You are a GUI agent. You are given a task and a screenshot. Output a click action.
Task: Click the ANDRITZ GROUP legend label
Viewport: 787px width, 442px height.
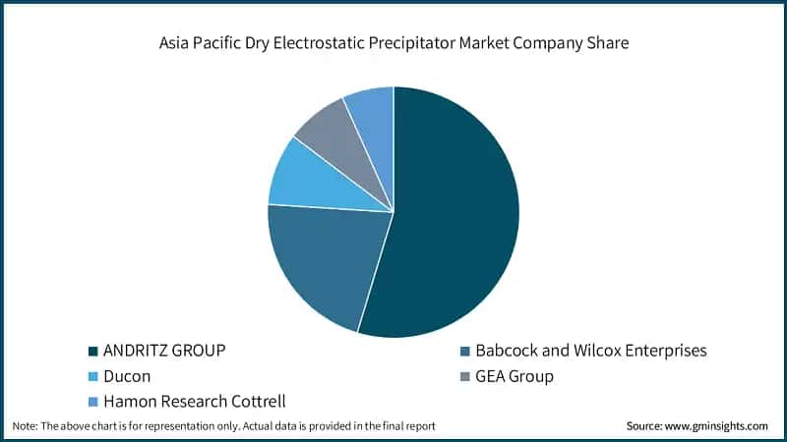(x=165, y=351)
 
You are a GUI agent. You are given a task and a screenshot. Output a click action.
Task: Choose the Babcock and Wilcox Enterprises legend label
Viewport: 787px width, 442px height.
(x=591, y=351)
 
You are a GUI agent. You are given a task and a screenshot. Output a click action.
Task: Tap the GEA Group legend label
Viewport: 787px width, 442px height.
(x=515, y=376)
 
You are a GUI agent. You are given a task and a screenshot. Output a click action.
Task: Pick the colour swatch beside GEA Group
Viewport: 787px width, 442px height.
(x=464, y=376)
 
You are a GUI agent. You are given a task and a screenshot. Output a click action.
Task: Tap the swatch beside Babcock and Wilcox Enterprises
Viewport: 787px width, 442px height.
(x=464, y=351)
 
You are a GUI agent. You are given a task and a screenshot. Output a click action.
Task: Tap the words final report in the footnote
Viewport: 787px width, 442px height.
(x=406, y=426)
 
